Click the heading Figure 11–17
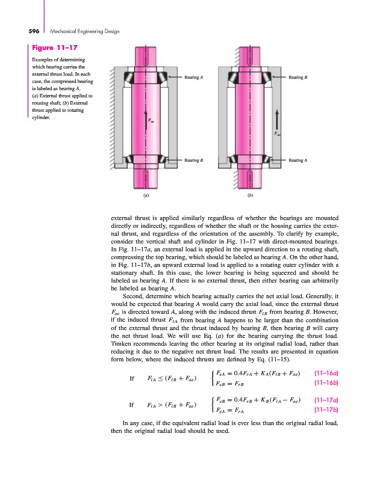55,47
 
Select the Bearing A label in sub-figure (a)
193,78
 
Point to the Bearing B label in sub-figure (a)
193,161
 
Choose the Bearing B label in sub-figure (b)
298,78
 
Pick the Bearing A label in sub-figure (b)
298,161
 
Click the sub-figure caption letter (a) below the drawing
146,195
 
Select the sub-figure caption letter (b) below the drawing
249,195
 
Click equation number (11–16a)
326,375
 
